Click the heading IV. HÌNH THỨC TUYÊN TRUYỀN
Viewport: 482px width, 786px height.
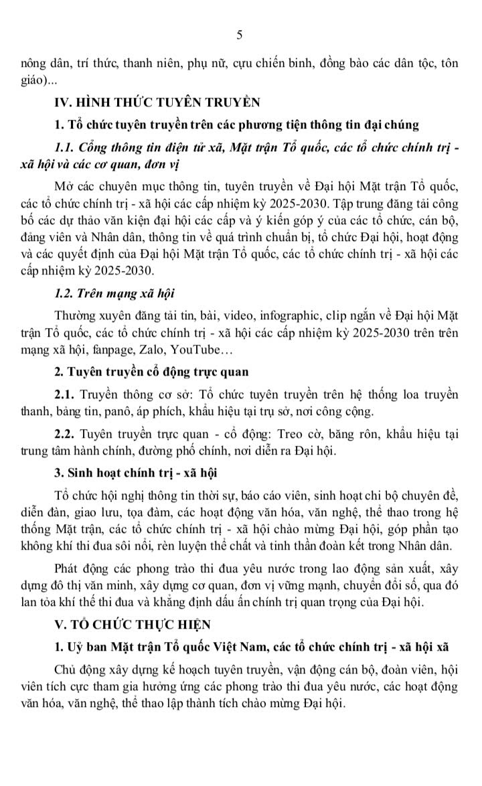[157, 102]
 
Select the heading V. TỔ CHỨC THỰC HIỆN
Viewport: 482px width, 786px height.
[133, 624]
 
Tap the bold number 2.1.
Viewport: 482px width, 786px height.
[68, 393]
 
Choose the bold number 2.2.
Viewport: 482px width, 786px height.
[68, 434]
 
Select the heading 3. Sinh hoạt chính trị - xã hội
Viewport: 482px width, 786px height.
[136, 473]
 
